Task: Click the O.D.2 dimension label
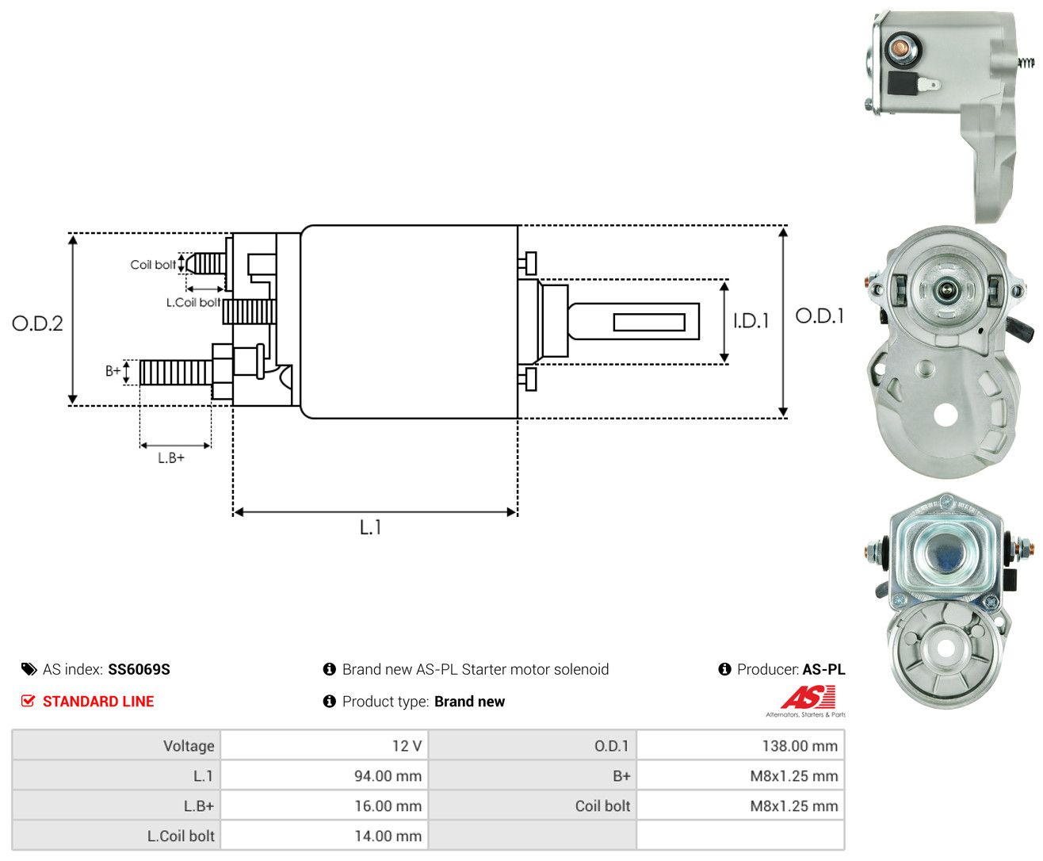coord(37,323)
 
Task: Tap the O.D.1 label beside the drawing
coord(819,316)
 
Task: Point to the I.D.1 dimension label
coord(751,321)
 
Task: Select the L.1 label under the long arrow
coord(370,527)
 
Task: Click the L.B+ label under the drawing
coord(171,457)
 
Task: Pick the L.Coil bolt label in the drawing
coord(193,302)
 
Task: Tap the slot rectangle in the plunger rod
coord(649,323)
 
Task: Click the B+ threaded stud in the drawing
coord(175,373)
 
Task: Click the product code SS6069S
coord(139,669)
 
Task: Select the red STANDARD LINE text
coord(98,701)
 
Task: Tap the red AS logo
coord(808,697)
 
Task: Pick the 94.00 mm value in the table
coord(388,775)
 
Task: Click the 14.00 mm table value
coord(388,836)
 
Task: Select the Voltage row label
coord(189,746)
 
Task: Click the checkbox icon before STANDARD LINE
coord(28,701)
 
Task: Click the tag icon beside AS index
coord(29,669)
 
